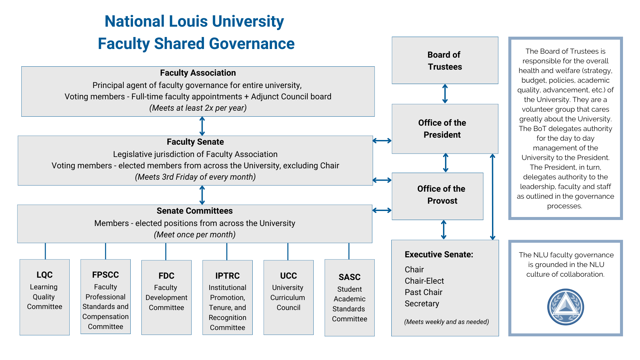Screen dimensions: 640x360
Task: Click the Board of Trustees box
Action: [x=445, y=60]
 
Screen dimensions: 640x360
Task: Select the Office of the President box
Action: [x=445, y=129]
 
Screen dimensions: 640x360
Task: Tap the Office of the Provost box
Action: [x=438, y=196]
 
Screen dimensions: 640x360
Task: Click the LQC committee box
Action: [x=45, y=297]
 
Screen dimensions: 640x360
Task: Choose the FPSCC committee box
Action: [x=106, y=297]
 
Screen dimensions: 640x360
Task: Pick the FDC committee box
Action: [x=166, y=297]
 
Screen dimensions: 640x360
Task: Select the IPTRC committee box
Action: [x=228, y=297]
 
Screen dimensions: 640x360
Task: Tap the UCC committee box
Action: [x=289, y=297]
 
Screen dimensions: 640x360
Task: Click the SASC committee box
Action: [x=350, y=298]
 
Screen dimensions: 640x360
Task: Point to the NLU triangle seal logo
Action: [x=566, y=307]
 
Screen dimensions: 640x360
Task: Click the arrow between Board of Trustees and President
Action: [x=445, y=94]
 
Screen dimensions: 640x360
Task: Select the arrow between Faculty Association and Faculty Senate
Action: [x=202, y=126]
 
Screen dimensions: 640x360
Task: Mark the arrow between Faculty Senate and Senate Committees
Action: [x=202, y=195]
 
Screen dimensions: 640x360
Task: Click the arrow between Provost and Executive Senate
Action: [x=444, y=230]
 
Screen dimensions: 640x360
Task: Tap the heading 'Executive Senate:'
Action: [x=439, y=254]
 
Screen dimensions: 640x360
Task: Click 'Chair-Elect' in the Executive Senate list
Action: [x=424, y=281]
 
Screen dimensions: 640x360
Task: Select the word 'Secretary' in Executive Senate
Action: [x=422, y=304]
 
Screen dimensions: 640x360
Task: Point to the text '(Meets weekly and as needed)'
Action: [x=447, y=322]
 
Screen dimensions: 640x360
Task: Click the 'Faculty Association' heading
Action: [x=198, y=73]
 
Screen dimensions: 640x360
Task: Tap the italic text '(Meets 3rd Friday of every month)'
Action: [x=195, y=177]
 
